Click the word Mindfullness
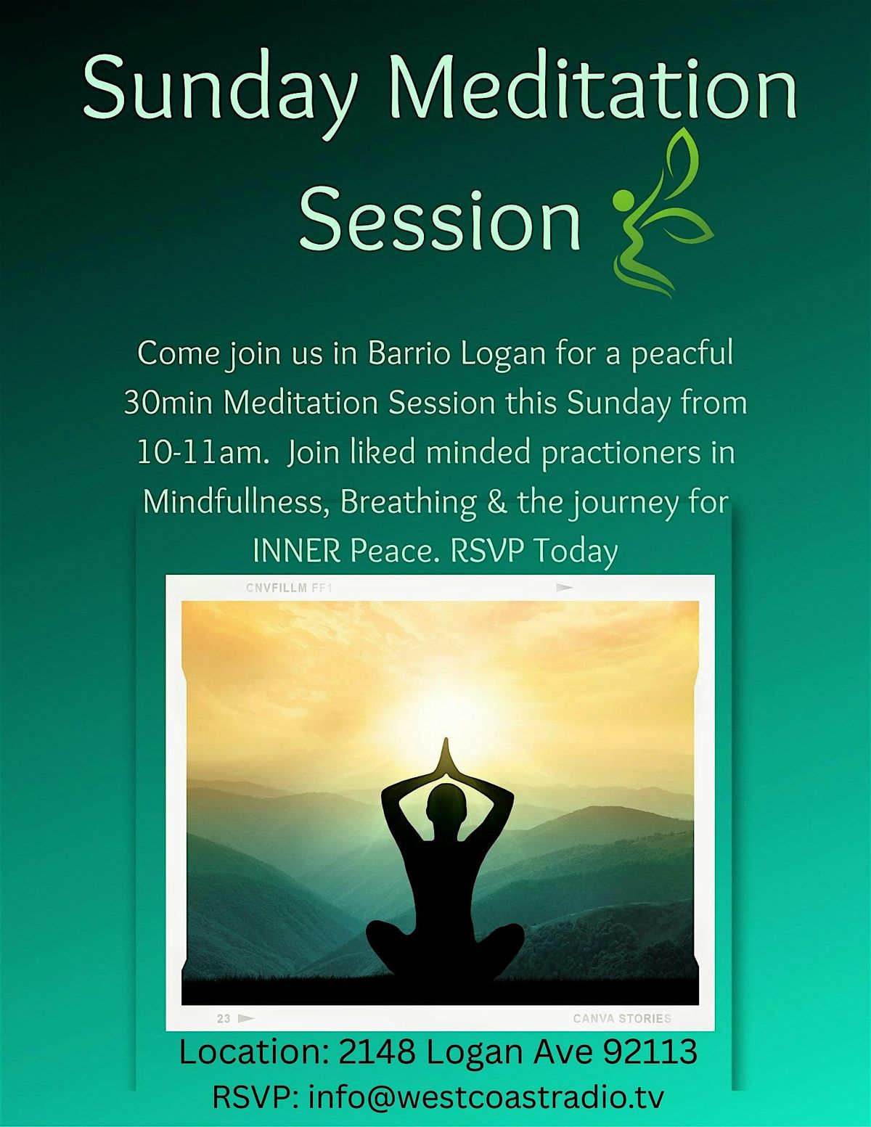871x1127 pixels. click(237, 501)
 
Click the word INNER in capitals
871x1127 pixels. click(296, 551)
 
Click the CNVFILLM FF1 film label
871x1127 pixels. click(289, 588)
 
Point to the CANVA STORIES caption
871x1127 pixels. click(622, 1018)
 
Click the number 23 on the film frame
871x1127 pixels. click(224, 1019)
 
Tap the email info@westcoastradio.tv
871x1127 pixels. click(486, 1097)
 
